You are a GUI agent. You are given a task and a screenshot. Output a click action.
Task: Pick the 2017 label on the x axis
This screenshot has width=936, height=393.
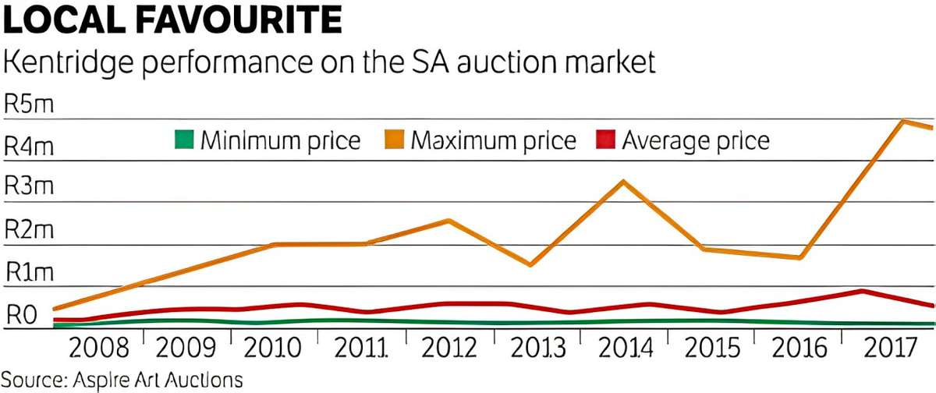click(x=890, y=348)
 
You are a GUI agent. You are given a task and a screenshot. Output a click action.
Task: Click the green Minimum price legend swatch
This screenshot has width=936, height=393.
click(x=182, y=140)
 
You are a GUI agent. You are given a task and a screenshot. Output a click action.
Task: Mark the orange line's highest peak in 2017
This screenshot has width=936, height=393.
click(x=902, y=121)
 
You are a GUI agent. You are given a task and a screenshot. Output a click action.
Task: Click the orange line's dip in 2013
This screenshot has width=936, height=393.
click(x=530, y=265)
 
